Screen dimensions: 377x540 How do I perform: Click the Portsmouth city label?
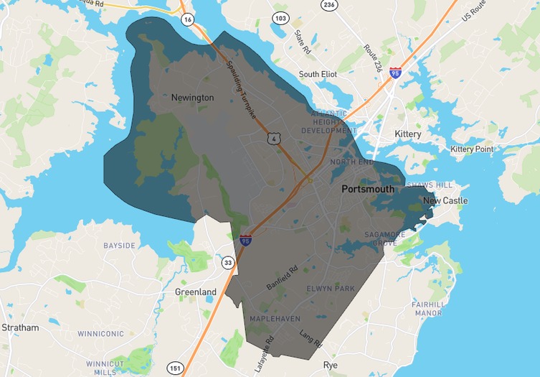pyautogui.click(x=367, y=189)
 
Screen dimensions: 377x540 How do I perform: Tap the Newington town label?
pyautogui.click(x=192, y=97)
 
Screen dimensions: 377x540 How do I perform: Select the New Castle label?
pyautogui.click(x=445, y=200)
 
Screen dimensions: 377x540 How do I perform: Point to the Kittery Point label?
pyautogui.click(x=472, y=149)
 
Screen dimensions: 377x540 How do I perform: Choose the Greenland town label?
pyautogui.click(x=196, y=292)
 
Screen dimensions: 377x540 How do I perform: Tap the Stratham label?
pyautogui.click(x=20, y=327)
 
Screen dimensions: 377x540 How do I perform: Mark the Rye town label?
pyautogui.click(x=330, y=365)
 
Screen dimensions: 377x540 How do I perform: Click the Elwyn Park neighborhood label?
pyautogui.click(x=331, y=289)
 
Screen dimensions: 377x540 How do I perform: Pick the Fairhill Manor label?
pyautogui.click(x=427, y=309)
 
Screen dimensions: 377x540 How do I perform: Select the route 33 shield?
pyautogui.click(x=227, y=262)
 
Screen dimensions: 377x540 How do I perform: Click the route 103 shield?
pyautogui.click(x=280, y=17)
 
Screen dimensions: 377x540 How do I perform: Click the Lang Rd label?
pyautogui.click(x=311, y=339)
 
